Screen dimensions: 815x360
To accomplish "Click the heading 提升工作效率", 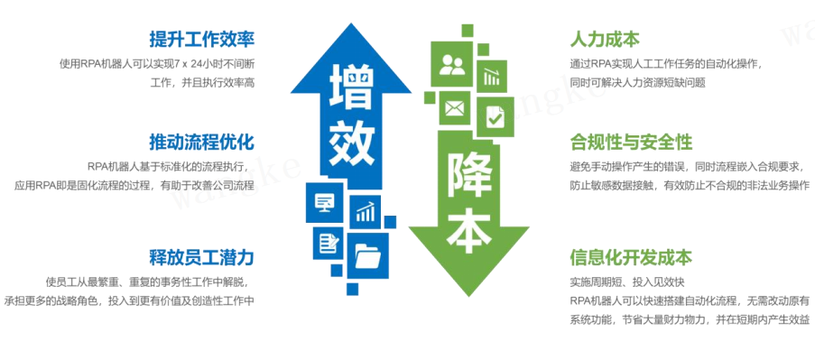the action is pyautogui.click(x=202, y=39).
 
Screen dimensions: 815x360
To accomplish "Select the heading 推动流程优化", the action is pyautogui.click(x=202, y=142).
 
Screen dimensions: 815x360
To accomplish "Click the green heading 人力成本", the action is pyautogui.click(x=605, y=39).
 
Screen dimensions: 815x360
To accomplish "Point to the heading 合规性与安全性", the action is pyautogui.click(x=631, y=142).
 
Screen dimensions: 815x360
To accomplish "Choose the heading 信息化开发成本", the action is pyautogui.click(x=631, y=256).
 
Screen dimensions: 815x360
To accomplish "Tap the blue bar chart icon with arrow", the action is pyautogui.click(x=366, y=212).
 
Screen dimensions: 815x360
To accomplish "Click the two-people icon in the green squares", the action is pyautogui.click(x=451, y=65).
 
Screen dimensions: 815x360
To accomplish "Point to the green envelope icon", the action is pyautogui.click(x=453, y=109).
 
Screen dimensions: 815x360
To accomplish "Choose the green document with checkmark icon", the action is pyautogui.click(x=495, y=116).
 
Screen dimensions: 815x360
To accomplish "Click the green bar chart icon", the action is pyautogui.click(x=492, y=75).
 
